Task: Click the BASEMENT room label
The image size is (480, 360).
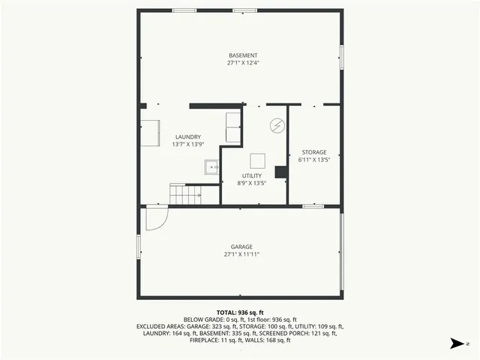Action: pyautogui.click(x=243, y=55)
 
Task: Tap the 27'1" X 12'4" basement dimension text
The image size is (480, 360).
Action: pyautogui.click(x=243, y=64)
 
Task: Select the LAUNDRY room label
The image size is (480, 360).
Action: pyautogui.click(x=187, y=136)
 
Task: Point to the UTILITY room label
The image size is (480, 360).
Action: pyautogui.click(x=251, y=175)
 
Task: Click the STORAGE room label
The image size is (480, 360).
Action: pyautogui.click(x=313, y=152)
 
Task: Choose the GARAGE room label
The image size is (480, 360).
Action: pyautogui.click(x=241, y=247)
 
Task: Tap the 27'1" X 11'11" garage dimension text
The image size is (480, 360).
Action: pyautogui.click(x=241, y=254)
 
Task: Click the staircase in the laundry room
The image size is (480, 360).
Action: pyautogui.click(x=185, y=194)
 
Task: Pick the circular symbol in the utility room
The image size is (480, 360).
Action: pyautogui.click(x=277, y=125)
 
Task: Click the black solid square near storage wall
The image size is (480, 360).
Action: pyautogui.click(x=281, y=172)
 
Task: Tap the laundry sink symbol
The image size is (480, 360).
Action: pyautogui.click(x=211, y=168)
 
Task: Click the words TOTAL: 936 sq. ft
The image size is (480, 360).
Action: pyautogui.click(x=240, y=312)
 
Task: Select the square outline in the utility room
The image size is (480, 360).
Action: pyautogui.click(x=258, y=160)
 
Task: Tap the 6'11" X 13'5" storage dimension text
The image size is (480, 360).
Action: pyautogui.click(x=313, y=160)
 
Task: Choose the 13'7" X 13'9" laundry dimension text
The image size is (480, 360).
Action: pyautogui.click(x=187, y=144)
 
